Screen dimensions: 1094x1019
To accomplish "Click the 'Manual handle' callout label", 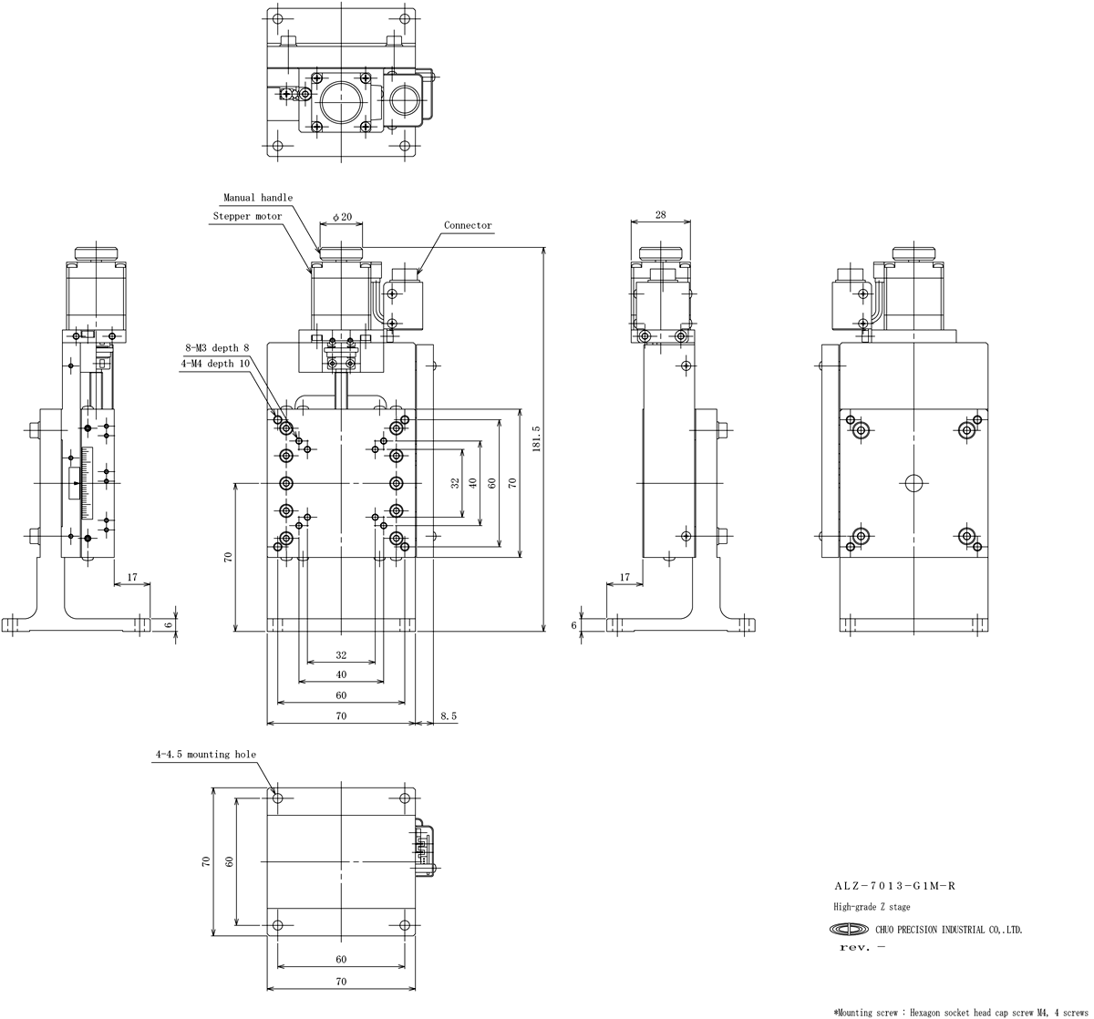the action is point(258,197).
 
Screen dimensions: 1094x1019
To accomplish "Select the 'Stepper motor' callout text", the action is point(247,216).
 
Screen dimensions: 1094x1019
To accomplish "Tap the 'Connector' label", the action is point(468,225).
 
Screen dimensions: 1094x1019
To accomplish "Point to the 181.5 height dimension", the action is point(537,438).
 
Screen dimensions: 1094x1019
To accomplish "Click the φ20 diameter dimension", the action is point(342,216).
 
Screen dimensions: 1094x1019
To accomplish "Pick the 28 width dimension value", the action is point(660,215).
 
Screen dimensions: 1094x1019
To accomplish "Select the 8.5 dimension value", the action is point(449,716).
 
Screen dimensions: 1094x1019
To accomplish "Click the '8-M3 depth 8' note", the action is point(217,347).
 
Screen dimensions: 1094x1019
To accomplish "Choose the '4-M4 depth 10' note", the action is point(215,364).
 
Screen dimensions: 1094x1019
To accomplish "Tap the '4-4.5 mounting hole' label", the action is point(205,754).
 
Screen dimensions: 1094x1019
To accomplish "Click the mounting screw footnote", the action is point(961,1013).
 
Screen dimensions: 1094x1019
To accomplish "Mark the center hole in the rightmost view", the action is point(913,483).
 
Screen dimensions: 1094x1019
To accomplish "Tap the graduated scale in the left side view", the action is point(87,483).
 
